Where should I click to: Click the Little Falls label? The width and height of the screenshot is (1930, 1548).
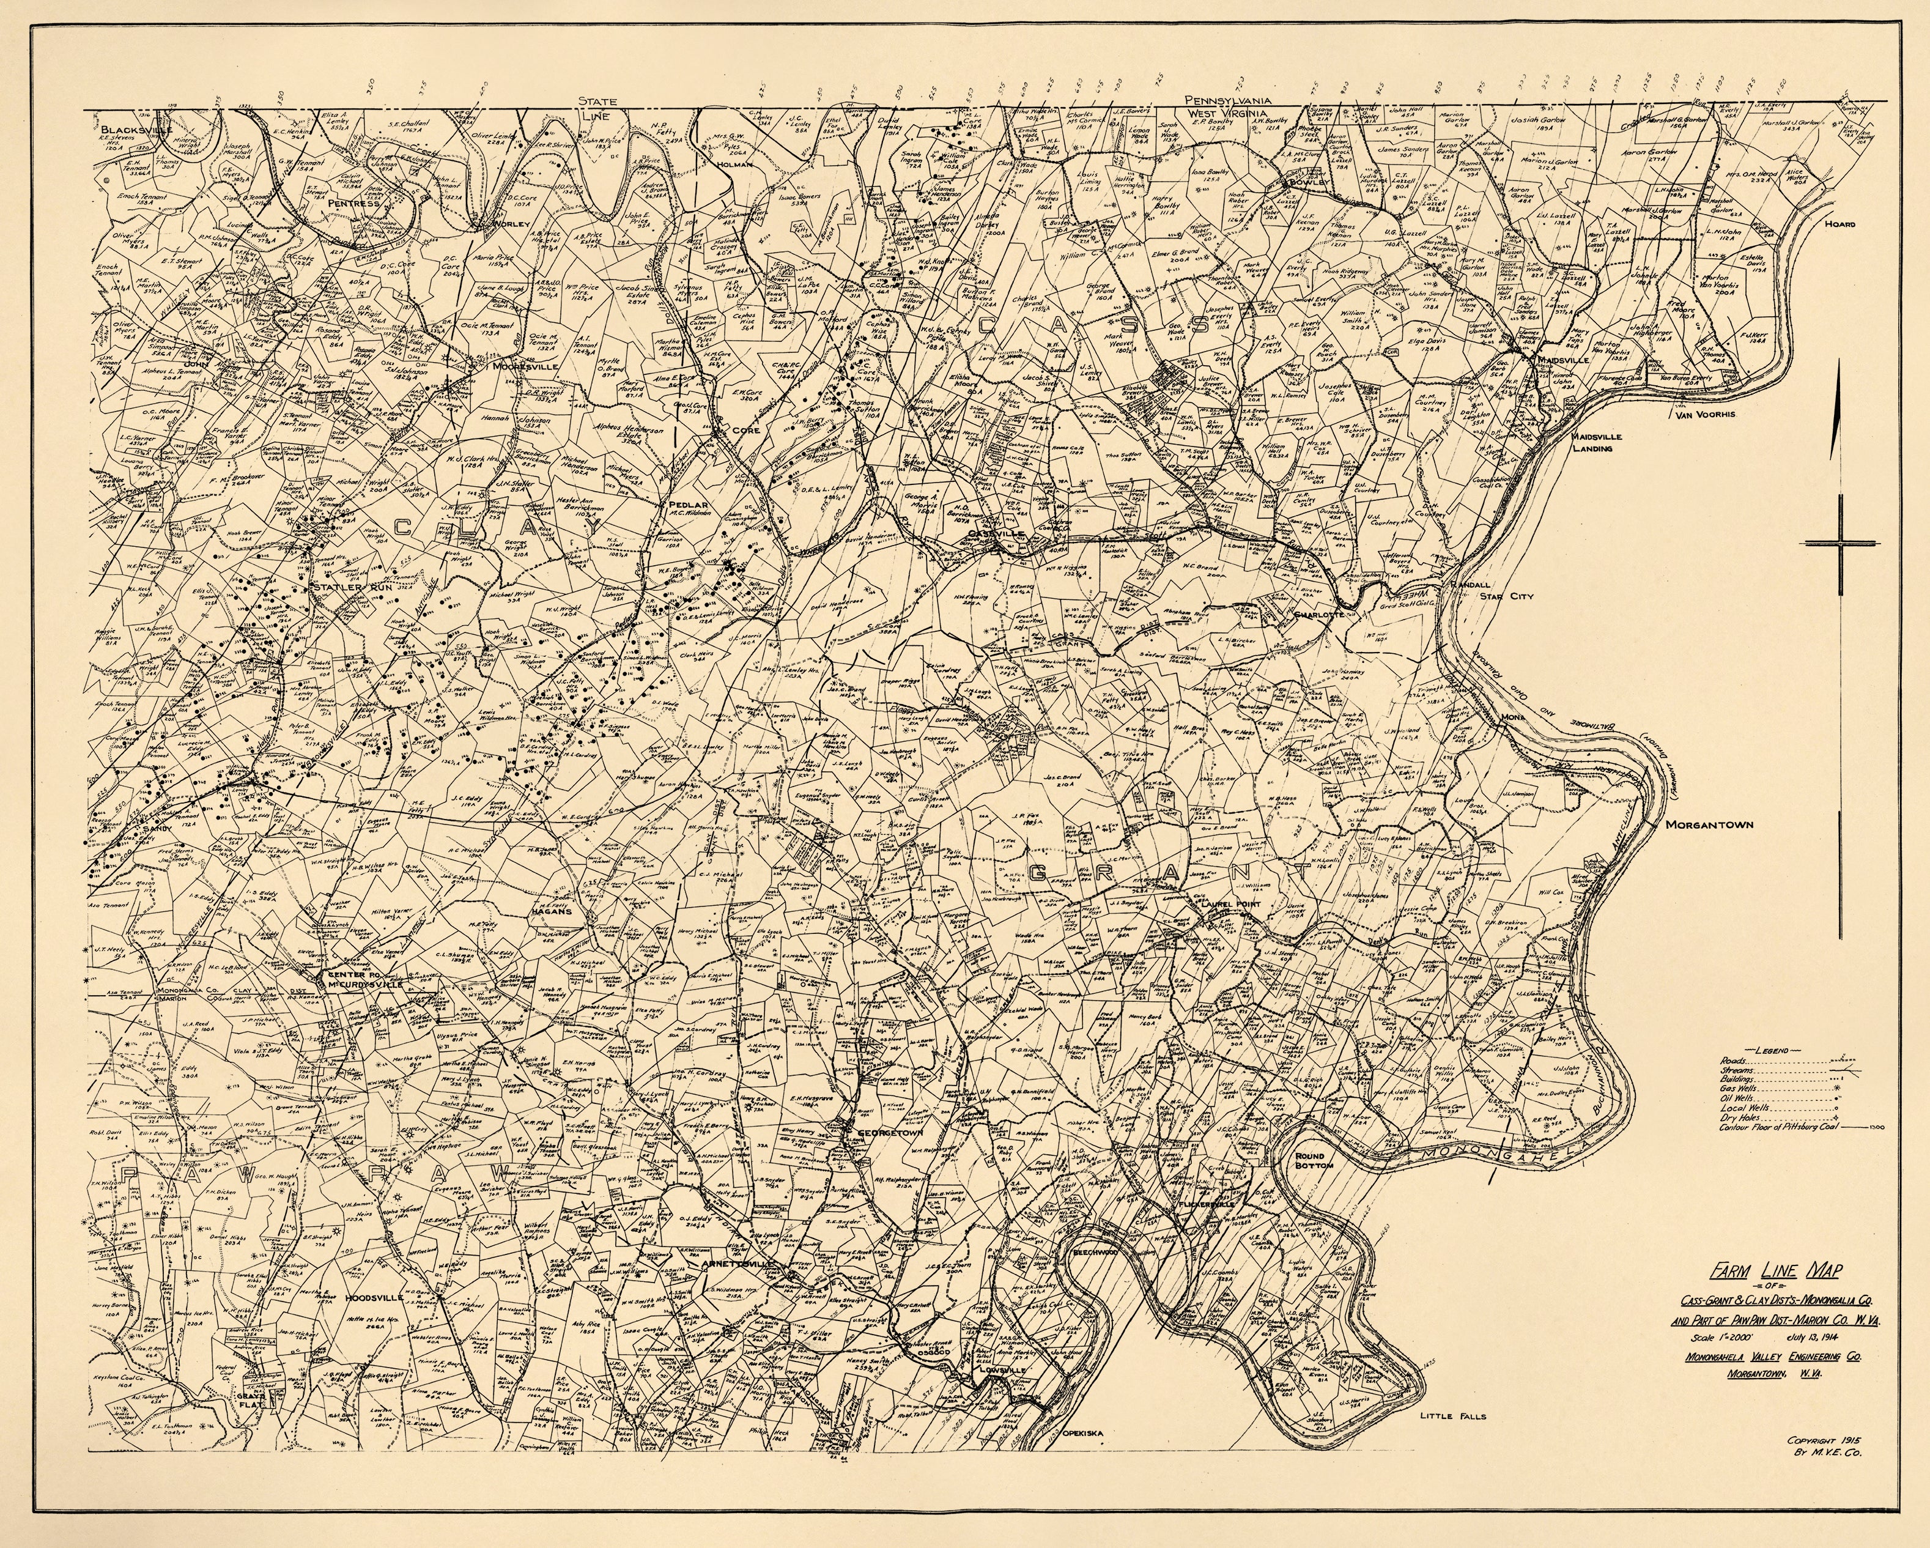pos(1452,1415)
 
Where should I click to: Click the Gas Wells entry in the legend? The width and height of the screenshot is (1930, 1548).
pos(1737,1086)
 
